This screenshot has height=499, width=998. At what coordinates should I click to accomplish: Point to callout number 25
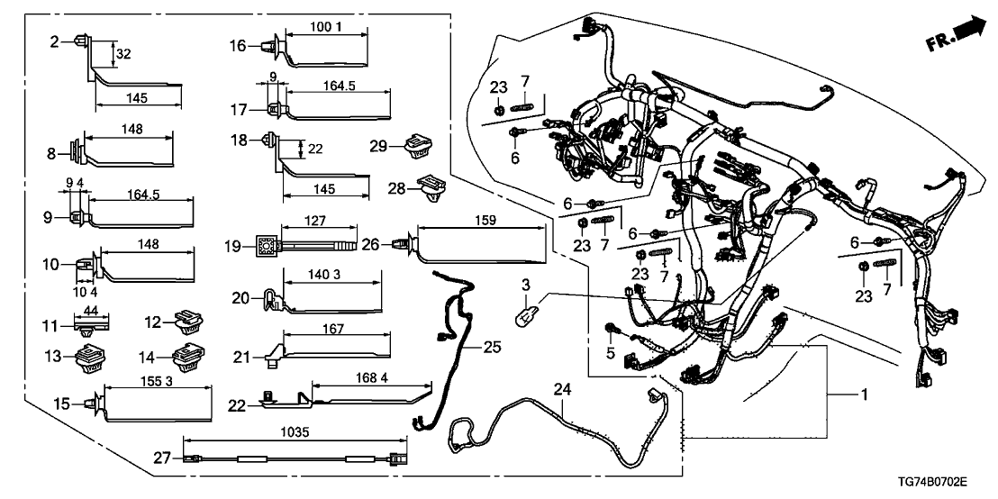pos(491,346)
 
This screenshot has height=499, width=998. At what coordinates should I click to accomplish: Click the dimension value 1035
pos(295,432)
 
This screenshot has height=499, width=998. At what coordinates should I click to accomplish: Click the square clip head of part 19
pos(266,244)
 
